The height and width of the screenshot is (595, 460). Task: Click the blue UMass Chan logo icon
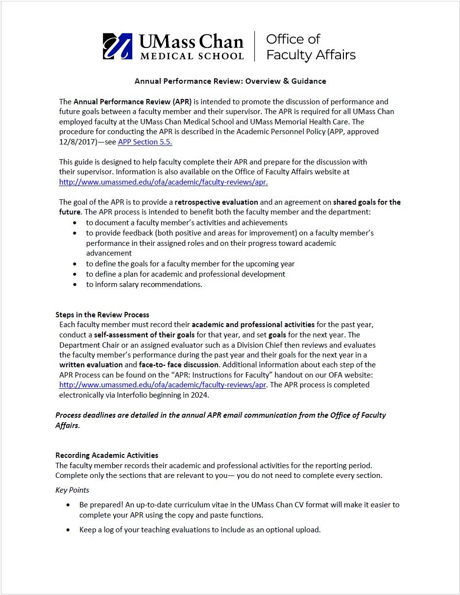pos(118,46)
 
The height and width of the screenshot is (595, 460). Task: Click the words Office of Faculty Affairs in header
pos(311,47)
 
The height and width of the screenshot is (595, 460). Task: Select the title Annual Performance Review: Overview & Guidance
pos(230,81)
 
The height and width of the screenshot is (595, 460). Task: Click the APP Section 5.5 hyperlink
pos(145,142)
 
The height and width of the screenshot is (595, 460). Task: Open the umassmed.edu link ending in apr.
pos(163,182)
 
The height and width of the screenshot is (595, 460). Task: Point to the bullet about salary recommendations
pos(144,285)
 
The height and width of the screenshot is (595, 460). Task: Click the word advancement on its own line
pos(109,253)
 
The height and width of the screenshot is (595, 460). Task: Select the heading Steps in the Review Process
pos(102,314)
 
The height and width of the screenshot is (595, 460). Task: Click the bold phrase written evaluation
pos(91,365)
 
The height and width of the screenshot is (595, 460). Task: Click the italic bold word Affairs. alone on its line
pos(68,426)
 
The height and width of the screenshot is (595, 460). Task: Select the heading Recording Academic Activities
pos(107,455)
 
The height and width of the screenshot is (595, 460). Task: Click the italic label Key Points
pos(72,490)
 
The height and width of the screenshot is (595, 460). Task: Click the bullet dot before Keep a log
pos(68,530)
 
